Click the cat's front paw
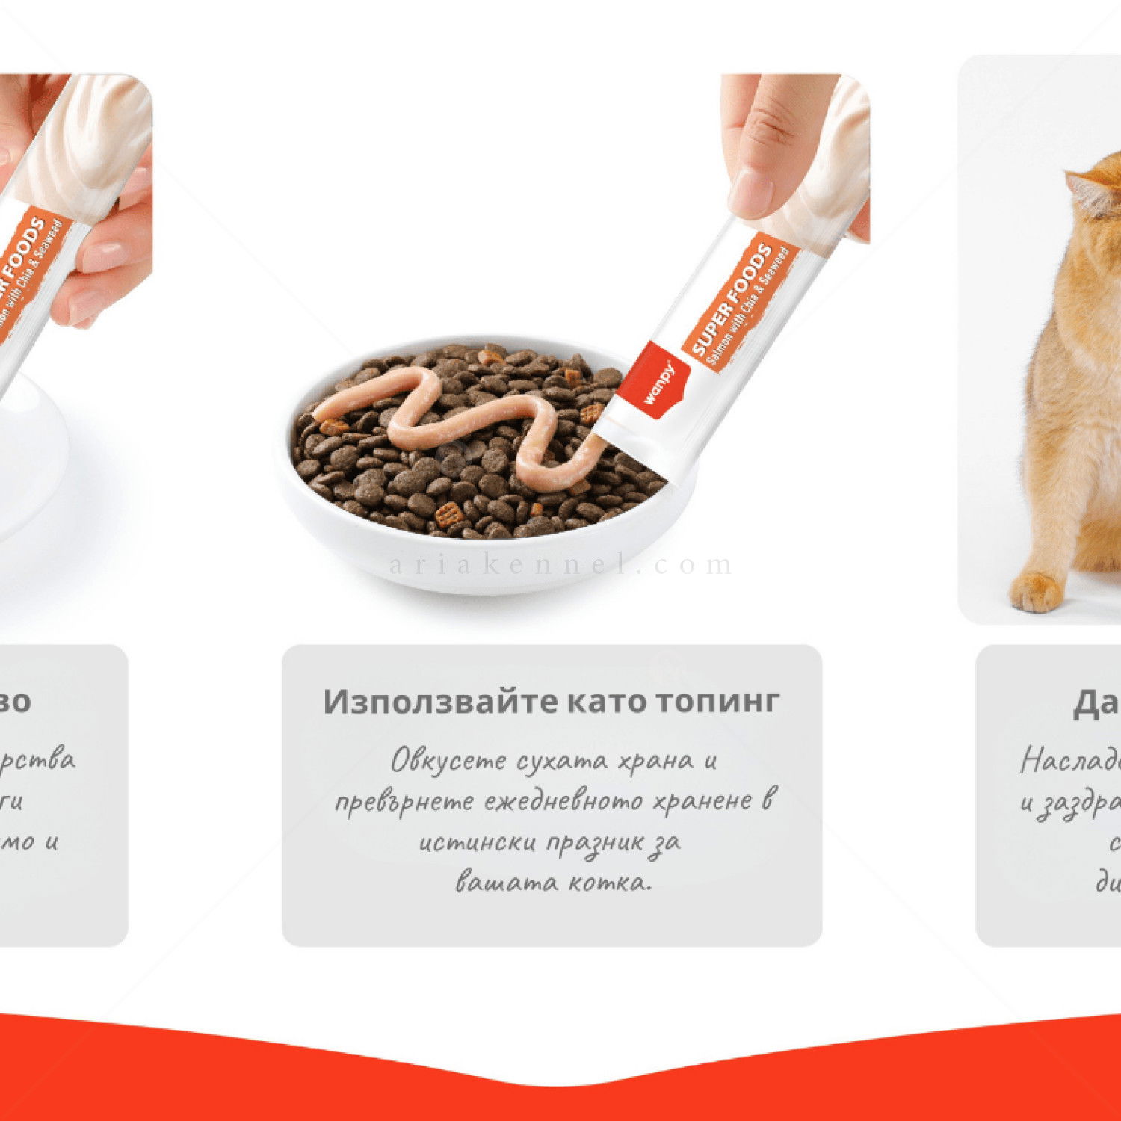[1036, 590]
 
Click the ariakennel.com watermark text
[560, 564]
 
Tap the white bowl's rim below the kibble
[478, 557]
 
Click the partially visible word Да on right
[1096, 702]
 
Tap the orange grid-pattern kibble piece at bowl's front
[448, 514]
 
